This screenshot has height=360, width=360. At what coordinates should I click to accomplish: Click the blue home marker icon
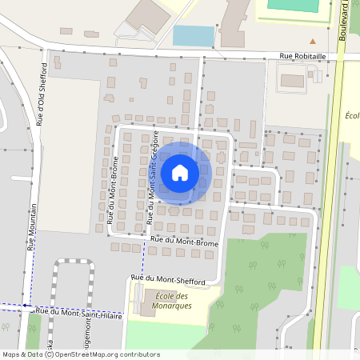click(x=180, y=172)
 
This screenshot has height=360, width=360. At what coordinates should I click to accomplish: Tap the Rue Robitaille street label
click(x=303, y=56)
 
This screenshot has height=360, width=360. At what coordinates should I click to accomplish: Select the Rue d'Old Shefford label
click(x=43, y=94)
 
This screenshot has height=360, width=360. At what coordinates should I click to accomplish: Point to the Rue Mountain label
click(x=33, y=226)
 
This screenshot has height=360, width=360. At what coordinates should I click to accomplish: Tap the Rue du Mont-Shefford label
click(x=173, y=280)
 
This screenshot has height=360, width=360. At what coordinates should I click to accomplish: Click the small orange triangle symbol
click(x=314, y=40)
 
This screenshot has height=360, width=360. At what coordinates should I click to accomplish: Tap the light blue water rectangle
click(x=194, y=36)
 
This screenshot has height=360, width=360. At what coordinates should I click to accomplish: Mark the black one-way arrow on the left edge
click(x=25, y=305)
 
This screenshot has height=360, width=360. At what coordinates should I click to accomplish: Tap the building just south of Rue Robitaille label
click(x=292, y=80)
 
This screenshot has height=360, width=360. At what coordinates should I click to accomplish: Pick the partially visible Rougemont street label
click(x=78, y=340)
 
